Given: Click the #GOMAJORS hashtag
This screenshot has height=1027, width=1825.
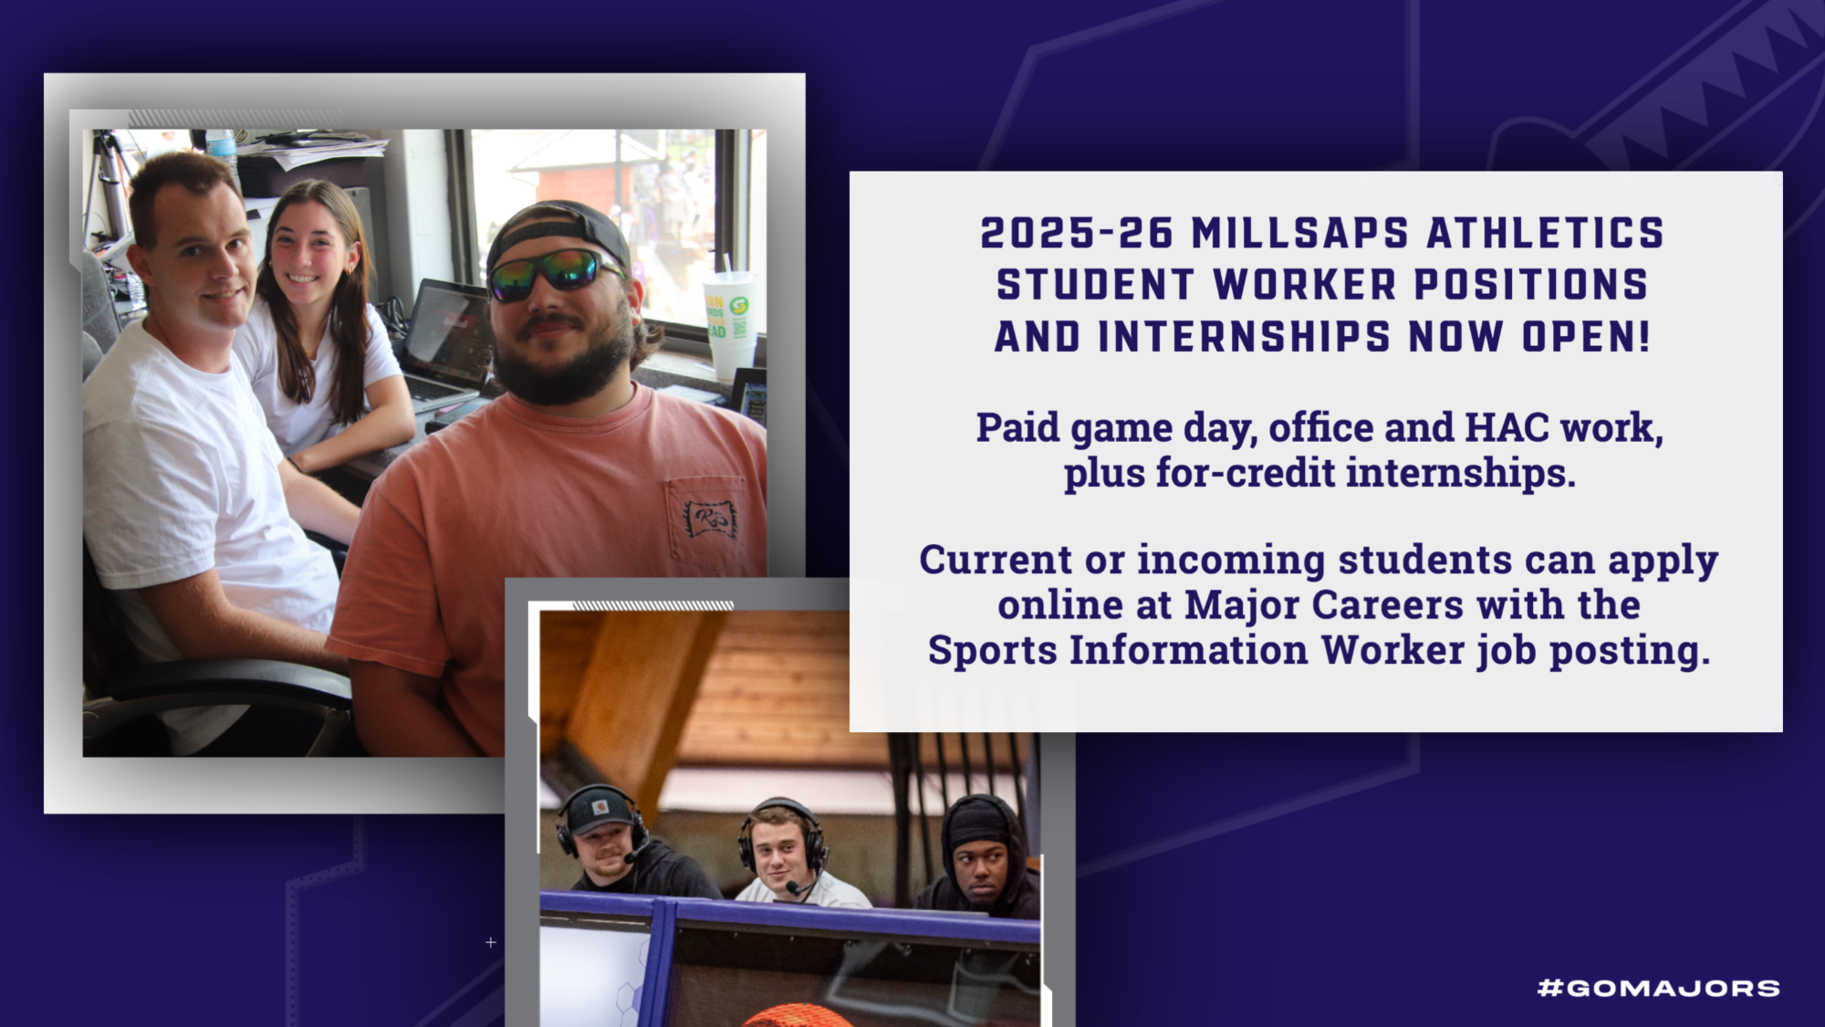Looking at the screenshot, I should (1658, 988).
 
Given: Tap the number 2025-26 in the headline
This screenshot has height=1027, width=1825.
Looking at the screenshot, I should (1076, 234).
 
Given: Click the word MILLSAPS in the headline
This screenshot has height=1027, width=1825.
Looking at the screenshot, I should (1299, 234).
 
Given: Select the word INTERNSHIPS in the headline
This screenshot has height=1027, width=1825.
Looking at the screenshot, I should (1244, 337).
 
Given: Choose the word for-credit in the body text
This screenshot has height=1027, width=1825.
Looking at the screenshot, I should (1246, 473).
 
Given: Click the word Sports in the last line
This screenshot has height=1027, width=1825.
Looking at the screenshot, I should (992, 650).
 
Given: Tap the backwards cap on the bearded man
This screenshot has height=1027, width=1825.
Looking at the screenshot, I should (557, 228).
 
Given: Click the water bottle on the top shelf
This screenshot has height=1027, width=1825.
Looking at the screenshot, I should (222, 147).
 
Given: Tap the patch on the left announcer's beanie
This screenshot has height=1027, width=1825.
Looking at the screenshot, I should (600, 807).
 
